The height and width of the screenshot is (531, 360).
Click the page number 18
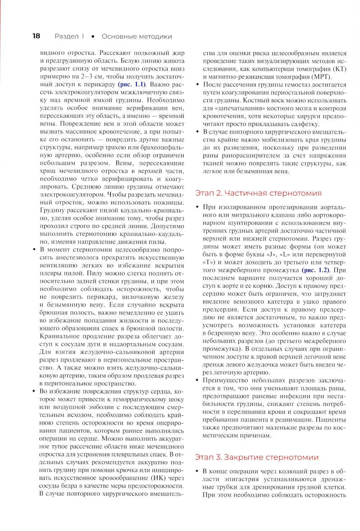click(36, 36)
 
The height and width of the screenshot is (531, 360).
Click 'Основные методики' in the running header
click(136, 36)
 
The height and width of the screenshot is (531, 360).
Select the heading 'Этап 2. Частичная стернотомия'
click(258, 193)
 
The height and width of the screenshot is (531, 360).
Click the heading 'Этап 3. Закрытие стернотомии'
click(257, 457)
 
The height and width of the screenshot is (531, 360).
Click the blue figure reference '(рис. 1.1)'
click(132, 85)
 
